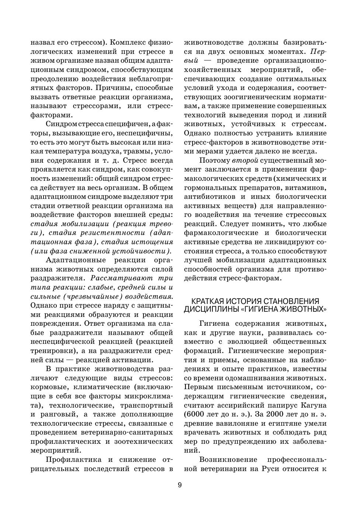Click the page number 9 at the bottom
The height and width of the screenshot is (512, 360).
180,485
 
